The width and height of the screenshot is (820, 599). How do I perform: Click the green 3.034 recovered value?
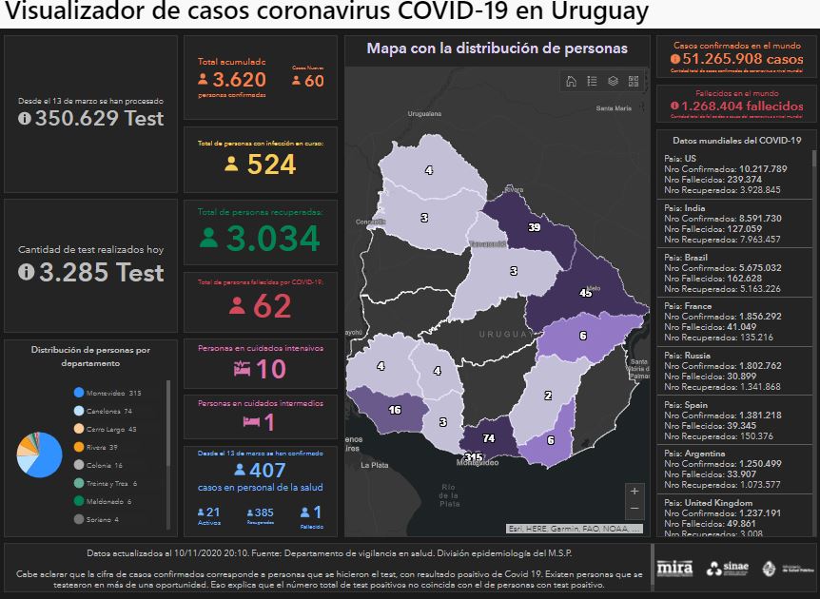[x=272, y=238]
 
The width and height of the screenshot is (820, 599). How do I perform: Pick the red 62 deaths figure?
[x=271, y=306]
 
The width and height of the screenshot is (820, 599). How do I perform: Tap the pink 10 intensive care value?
[x=269, y=369]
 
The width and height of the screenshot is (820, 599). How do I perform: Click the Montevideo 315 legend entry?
[x=107, y=393]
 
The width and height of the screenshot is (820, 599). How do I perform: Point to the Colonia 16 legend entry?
[x=103, y=465]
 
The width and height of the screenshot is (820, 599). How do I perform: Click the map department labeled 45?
[x=585, y=293]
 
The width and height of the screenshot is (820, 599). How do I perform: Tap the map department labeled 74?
[x=489, y=438]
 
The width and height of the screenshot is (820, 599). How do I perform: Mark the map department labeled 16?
[x=395, y=410]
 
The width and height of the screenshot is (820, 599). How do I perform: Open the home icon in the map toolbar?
[x=571, y=81]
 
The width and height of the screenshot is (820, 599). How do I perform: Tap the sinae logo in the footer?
[x=727, y=569]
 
